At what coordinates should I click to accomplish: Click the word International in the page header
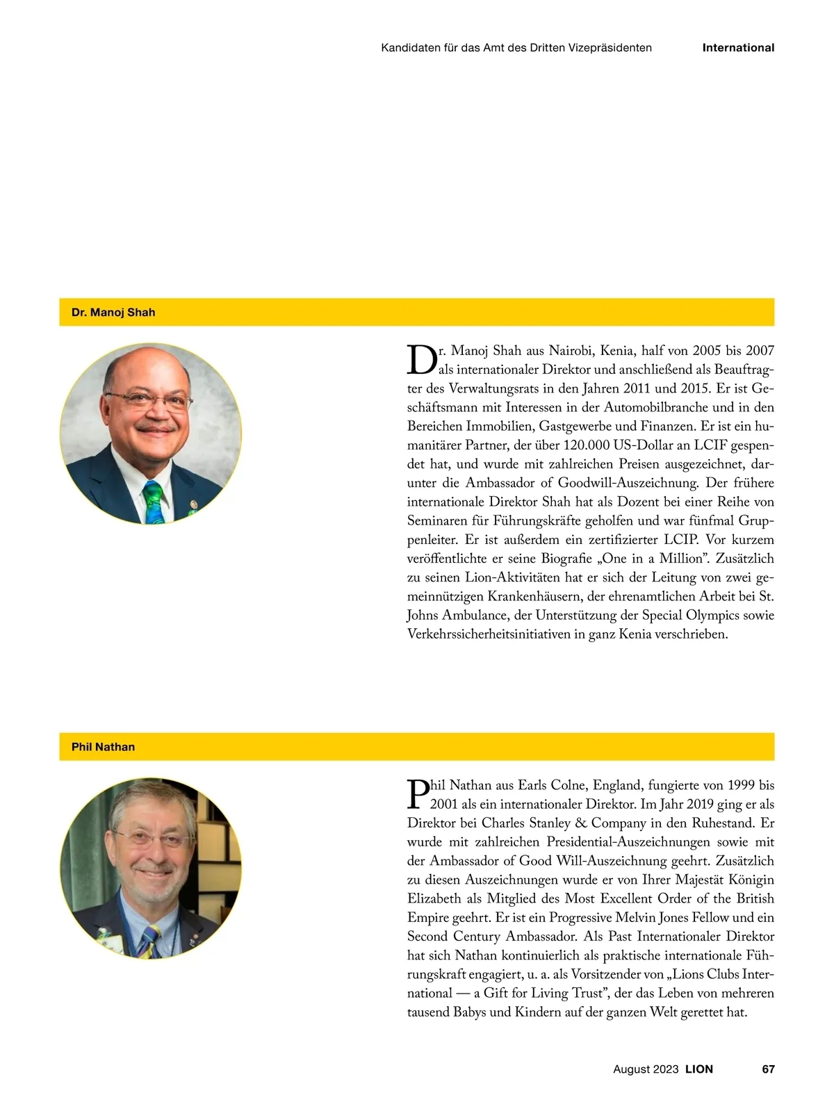tap(738, 48)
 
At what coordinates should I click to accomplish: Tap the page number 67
tap(768, 1069)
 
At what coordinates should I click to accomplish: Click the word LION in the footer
tap(699, 1069)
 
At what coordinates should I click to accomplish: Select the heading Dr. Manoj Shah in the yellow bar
tap(113, 313)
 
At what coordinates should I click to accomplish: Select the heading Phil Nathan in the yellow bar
tap(103, 747)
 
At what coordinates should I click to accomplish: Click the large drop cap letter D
tap(421, 359)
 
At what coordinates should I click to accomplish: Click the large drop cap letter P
tap(418, 794)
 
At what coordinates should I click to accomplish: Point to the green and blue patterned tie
tap(155, 501)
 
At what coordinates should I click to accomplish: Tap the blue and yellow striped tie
tap(150, 941)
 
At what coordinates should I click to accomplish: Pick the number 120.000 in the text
tap(582, 445)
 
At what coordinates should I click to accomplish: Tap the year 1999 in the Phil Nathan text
tap(741, 786)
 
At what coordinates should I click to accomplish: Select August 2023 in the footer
tap(646, 1069)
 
